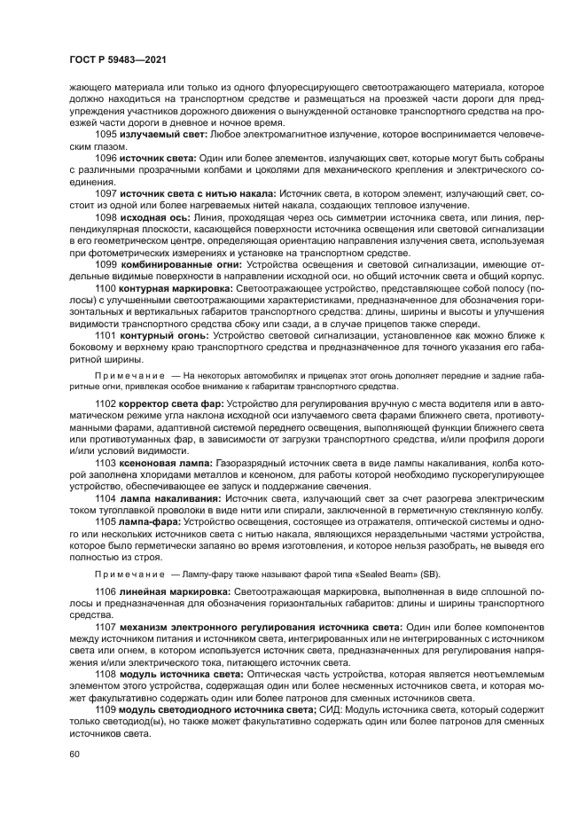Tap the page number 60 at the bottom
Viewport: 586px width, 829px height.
[x=74, y=755]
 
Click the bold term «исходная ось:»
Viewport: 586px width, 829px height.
[x=152, y=216]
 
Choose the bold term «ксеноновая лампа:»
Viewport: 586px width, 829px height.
[x=166, y=462]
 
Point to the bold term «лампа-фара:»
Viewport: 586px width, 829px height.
[x=151, y=521]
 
